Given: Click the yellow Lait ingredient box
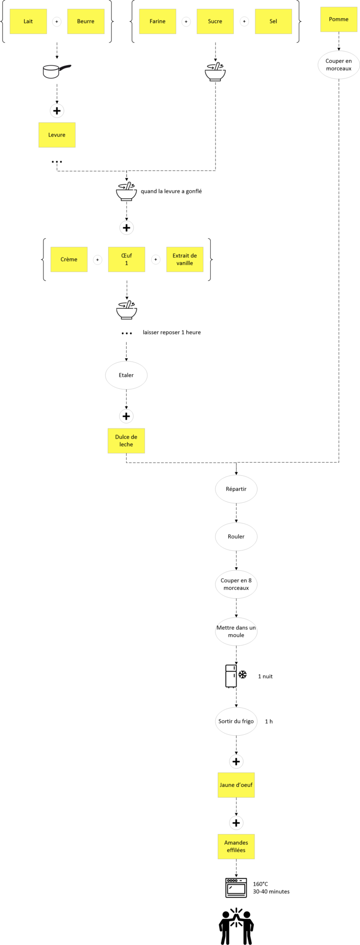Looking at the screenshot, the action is pyautogui.click(x=28, y=21).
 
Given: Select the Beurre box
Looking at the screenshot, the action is pyautogui.click(x=86, y=21).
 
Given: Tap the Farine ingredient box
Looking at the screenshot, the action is pyautogui.click(x=158, y=21).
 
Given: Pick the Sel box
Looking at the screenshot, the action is pyautogui.click(x=274, y=21).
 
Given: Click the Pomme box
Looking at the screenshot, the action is pyautogui.click(x=339, y=19).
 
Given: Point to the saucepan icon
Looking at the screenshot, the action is pyautogui.click(x=57, y=71).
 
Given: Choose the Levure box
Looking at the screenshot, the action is pyautogui.click(x=57, y=135).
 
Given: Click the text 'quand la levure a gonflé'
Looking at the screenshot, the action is pyautogui.click(x=171, y=191).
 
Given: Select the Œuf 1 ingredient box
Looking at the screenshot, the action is pyautogui.click(x=127, y=259).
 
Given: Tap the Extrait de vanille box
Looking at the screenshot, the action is pyautogui.click(x=185, y=259).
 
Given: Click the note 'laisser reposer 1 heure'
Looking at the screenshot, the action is pyautogui.click(x=171, y=333).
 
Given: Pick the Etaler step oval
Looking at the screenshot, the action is pyautogui.click(x=126, y=375).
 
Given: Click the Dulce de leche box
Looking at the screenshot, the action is pyautogui.click(x=126, y=441).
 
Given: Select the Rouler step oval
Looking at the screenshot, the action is pyautogui.click(x=236, y=537).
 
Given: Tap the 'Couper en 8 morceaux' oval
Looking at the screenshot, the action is pyautogui.click(x=236, y=584).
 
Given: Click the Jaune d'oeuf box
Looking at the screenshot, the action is pyautogui.click(x=236, y=785).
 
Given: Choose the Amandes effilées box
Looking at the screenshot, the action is pyautogui.click(x=236, y=846).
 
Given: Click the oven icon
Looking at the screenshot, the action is pyautogui.click(x=236, y=887).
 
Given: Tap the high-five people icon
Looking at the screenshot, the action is pyautogui.click(x=236, y=926).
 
